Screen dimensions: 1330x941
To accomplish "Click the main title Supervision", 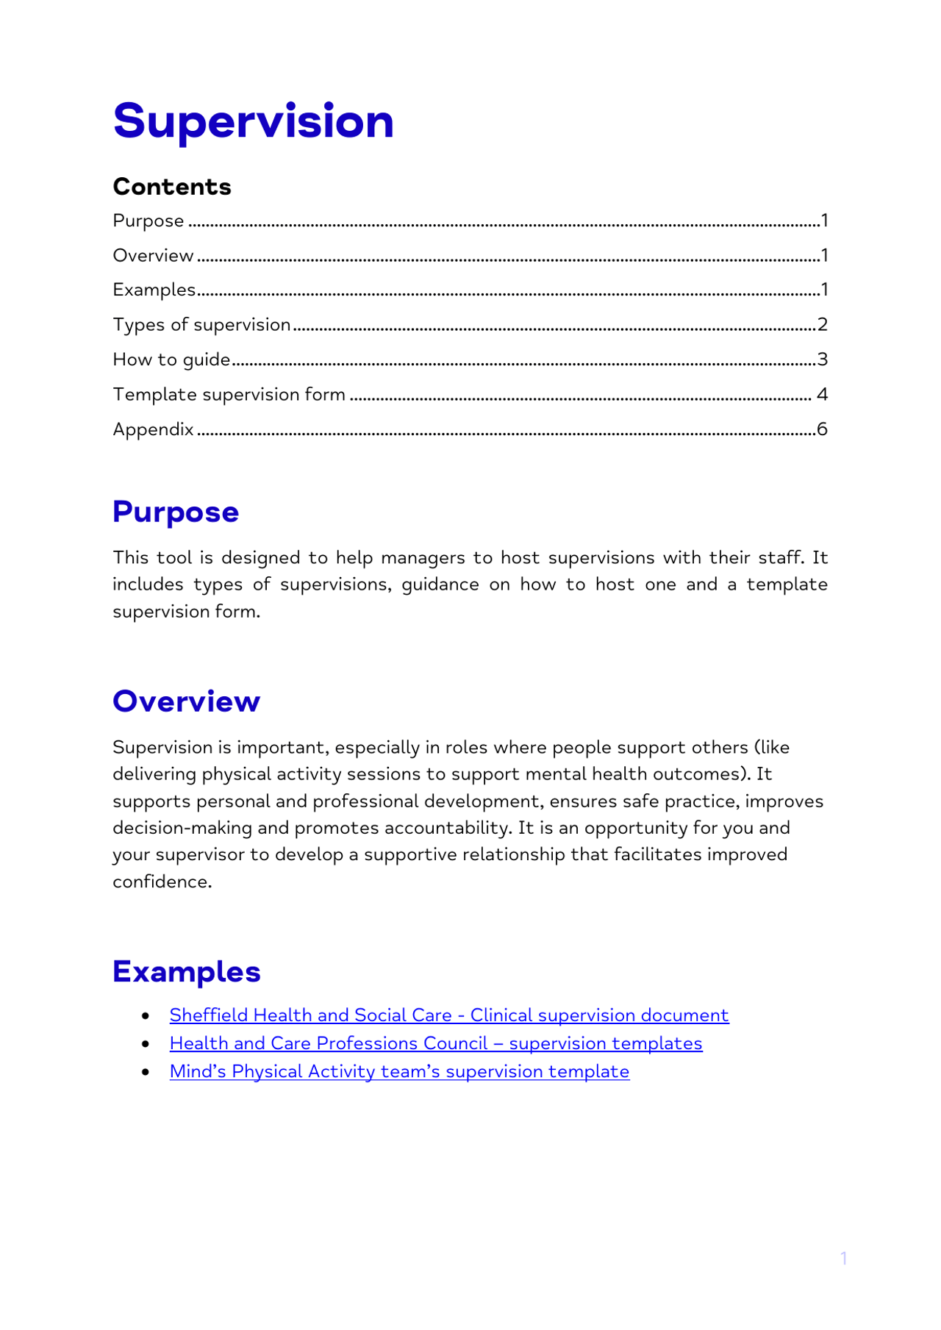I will (253, 121).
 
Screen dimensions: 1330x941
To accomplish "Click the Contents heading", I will (171, 187).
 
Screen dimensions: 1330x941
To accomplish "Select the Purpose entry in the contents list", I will (149, 221).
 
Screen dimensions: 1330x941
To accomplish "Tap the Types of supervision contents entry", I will (201, 324).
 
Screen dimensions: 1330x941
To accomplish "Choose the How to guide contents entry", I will (171, 360).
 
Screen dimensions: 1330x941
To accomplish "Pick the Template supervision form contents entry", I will (229, 394).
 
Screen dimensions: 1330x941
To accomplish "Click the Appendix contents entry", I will (153, 429).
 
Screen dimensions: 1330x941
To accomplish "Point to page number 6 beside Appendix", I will (822, 429).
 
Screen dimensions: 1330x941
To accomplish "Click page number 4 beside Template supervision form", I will (822, 394).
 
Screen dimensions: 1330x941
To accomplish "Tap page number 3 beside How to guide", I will (822, 360).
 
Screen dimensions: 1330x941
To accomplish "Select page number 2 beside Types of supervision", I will (822, 324).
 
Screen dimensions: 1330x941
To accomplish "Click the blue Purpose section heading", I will (176, 512).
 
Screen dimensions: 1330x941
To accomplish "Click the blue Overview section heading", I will (186, 701).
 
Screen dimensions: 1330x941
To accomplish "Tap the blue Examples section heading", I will (187, 971).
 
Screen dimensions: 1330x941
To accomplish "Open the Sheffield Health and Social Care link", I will (448, 1015).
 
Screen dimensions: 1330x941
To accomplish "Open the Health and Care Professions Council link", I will (435, 1043).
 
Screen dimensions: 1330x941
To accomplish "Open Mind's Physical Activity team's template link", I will (399, 1071).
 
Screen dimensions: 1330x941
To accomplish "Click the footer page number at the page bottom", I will (844, 1258).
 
